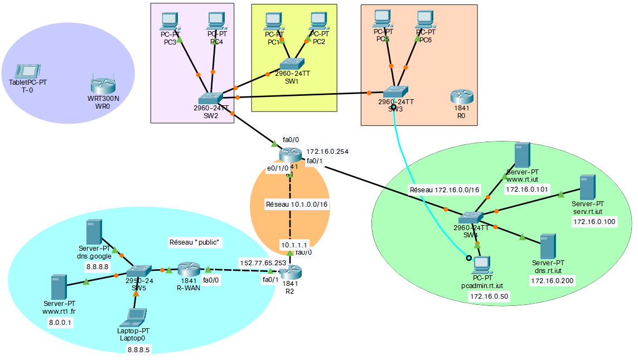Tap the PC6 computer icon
425,20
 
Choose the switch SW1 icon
291,64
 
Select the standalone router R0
462,97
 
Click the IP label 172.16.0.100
594,222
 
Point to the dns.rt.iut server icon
548,246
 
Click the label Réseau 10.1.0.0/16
297,205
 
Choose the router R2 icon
290,273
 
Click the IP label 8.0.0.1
60,322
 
